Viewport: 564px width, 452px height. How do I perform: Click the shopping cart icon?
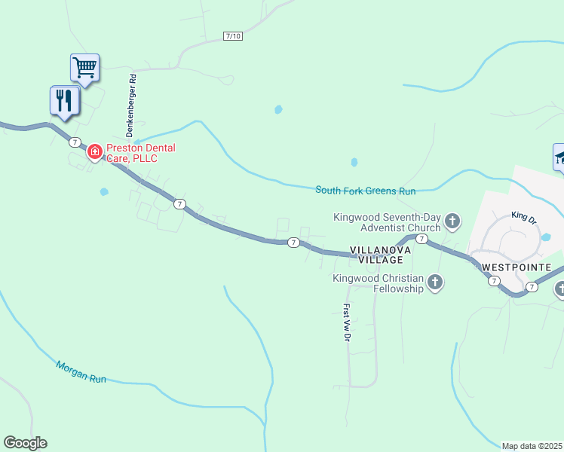(85, 67)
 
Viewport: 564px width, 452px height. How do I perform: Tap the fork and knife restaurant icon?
(64, 100)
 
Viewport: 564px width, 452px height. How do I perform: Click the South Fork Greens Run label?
(366, 191)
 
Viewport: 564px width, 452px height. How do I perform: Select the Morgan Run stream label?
(81, 372)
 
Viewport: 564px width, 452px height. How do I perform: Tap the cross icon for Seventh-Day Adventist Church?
(452, 221)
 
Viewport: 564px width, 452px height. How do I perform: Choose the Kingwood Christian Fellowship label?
(379, 283)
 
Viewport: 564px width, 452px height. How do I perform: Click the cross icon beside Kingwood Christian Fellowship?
(435, 283)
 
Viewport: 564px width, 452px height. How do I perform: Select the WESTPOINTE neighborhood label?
(522, 267)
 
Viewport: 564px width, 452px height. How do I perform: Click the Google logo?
(25, 443)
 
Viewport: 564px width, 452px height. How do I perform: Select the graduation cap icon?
(559, 157)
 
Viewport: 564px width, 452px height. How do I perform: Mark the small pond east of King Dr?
(547, 237)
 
